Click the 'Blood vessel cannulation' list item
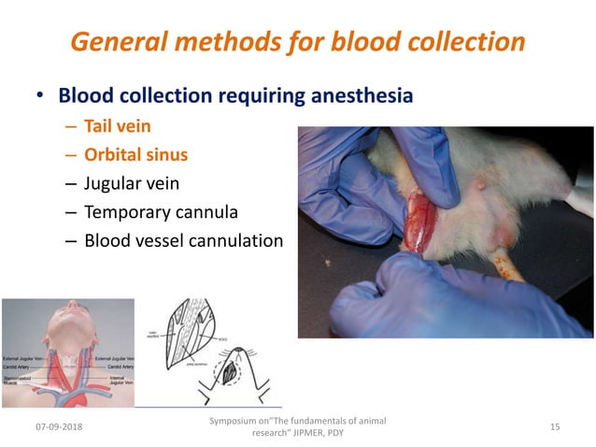pyautogui.click(x=183, y=240)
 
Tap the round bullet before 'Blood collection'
pyautogui.click(x=39, y=96)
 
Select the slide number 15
pyautogui.click(x=555, y=426)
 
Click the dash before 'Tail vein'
pyautogui.click(x=72, y=124)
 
